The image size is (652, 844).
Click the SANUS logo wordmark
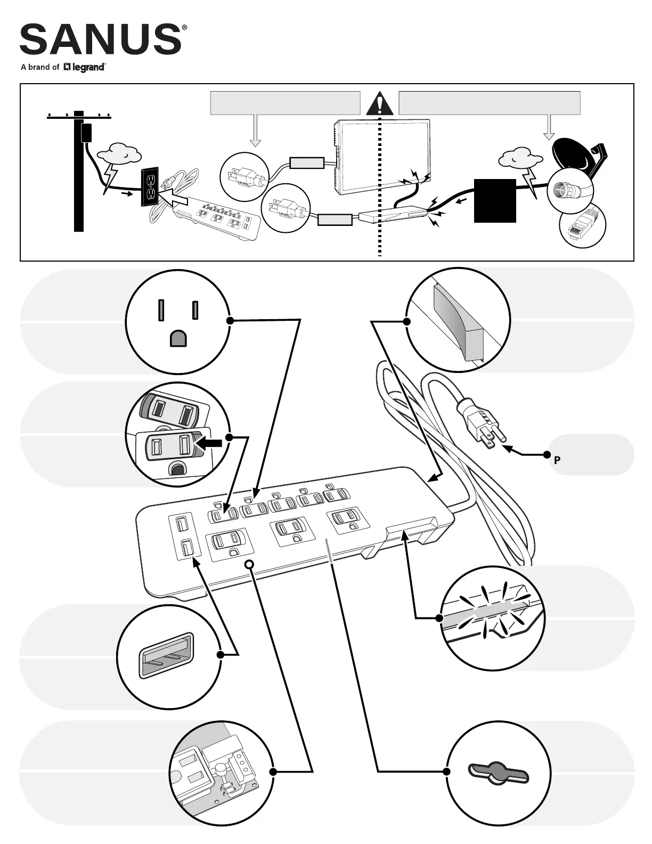pos(100,39)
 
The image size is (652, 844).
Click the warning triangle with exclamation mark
pos(379,103)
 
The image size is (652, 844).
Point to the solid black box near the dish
pos(495,201)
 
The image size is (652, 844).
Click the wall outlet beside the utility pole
pos(150,187)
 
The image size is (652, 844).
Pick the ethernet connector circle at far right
pos(583,226)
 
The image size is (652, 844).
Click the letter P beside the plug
pos(557,460)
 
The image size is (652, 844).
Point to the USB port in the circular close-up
pos(166,656)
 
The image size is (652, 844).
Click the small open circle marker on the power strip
pos(249,564)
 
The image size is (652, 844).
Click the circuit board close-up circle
pos(222,772)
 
